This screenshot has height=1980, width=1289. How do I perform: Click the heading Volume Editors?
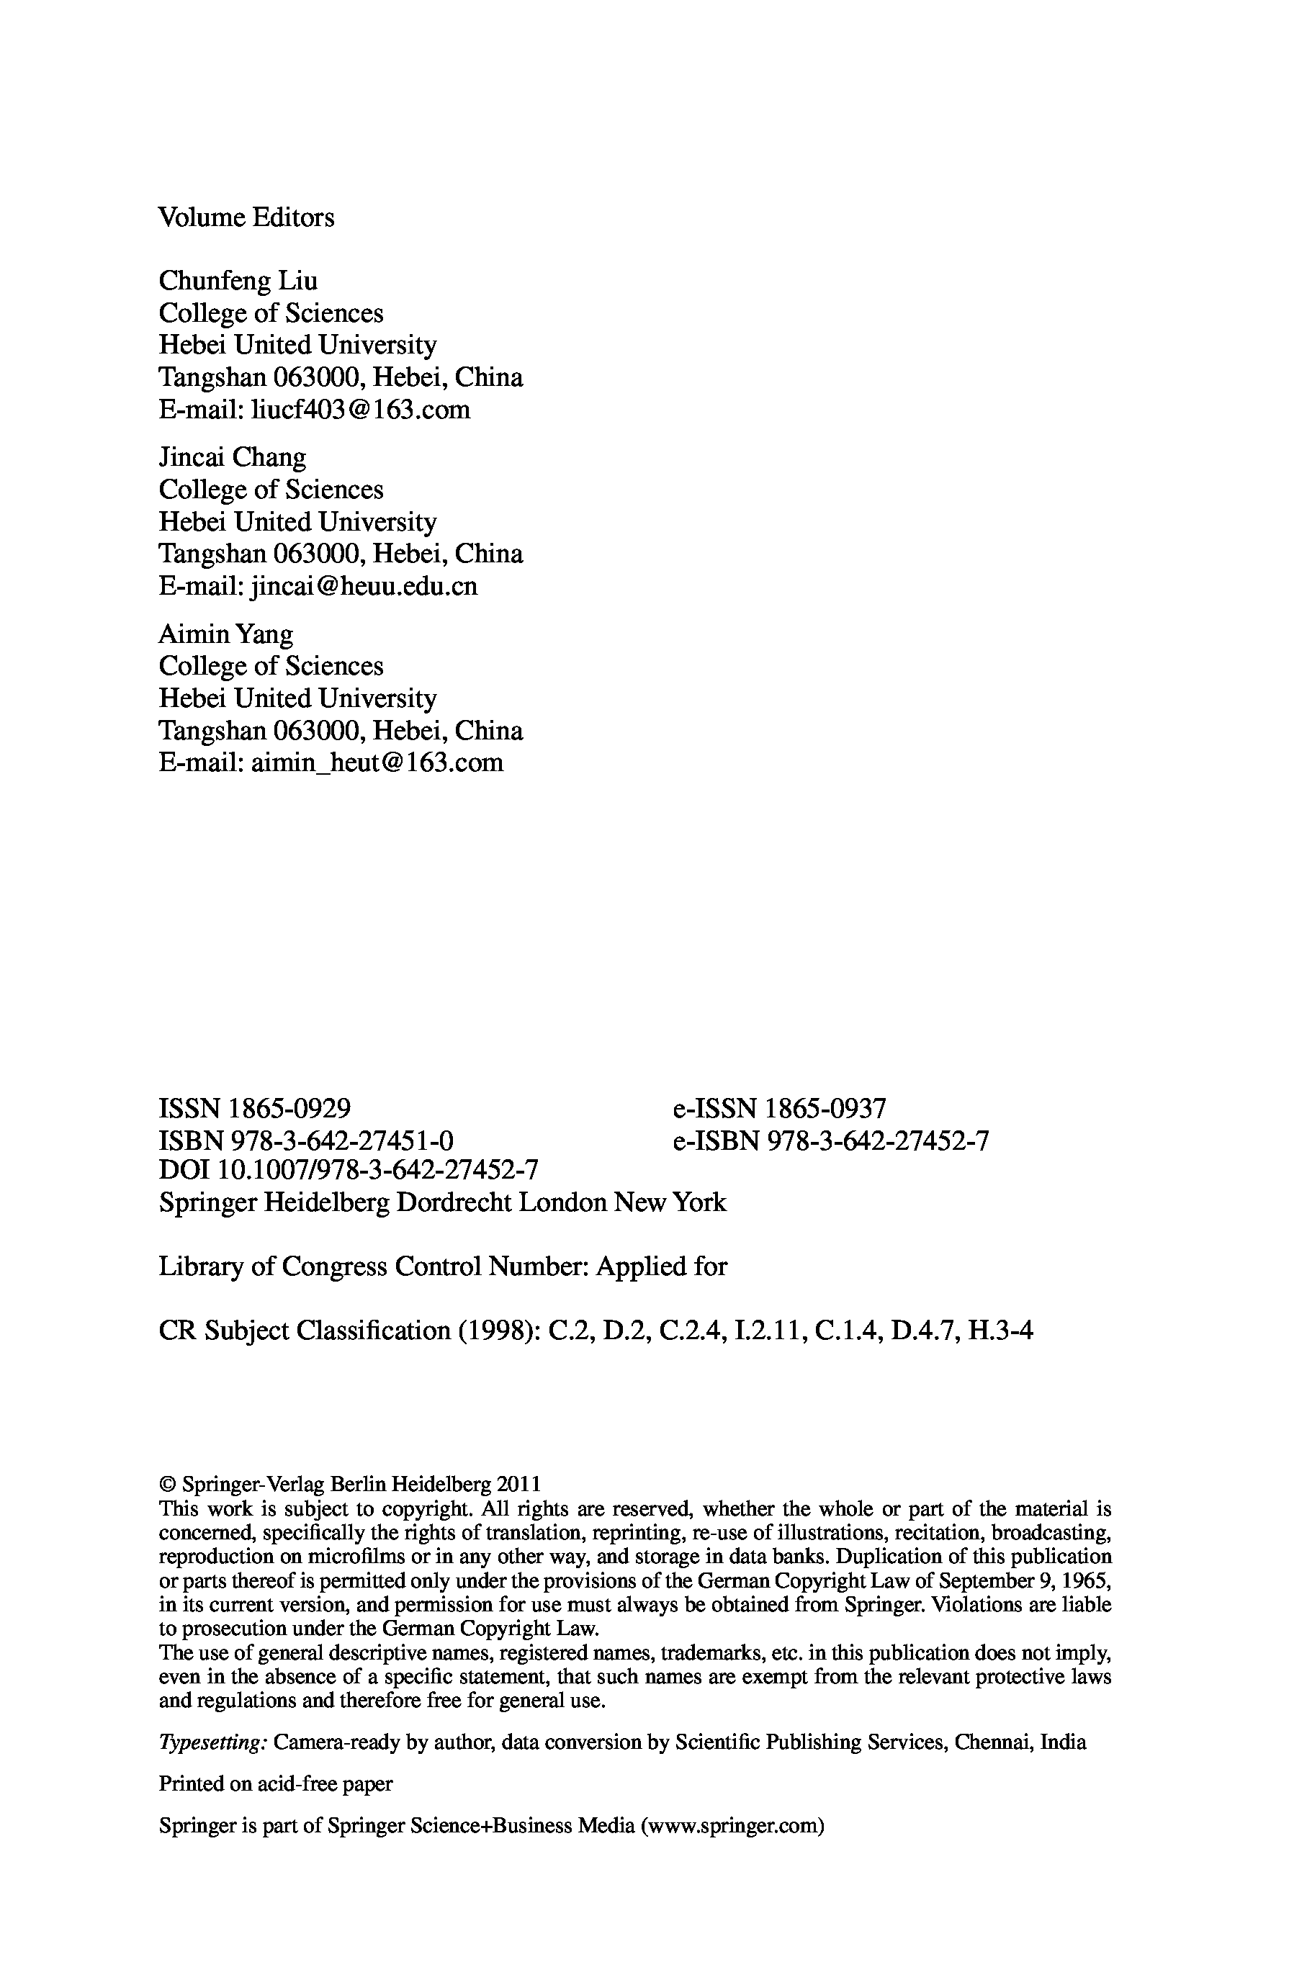[246, 218]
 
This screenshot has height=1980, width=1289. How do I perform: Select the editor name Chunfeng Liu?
[238, 282]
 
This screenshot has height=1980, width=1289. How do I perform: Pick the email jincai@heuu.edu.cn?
[364, 588]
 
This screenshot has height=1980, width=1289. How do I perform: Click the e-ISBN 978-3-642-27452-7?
[877, 1140]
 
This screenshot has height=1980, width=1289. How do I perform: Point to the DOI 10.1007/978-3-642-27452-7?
[377, 1171]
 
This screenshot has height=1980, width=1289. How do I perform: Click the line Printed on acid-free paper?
[275, 1783]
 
